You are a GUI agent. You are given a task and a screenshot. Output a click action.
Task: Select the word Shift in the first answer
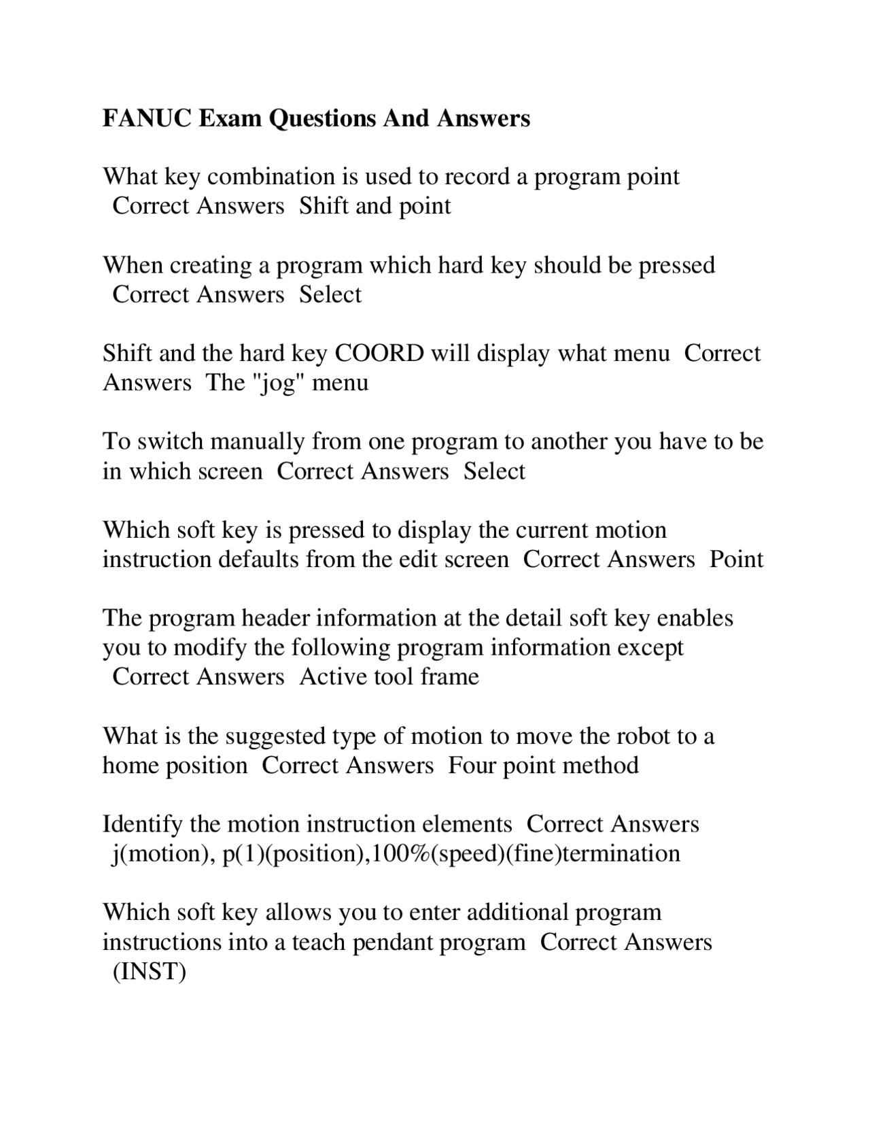click(324, 206)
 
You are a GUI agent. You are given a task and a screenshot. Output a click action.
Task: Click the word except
click(650, 647)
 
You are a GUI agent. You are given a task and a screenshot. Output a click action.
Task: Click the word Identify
click(143, 825)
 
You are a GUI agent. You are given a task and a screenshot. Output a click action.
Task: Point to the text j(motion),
click(162, 854)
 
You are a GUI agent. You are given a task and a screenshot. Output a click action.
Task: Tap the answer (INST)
click(149, 972)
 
